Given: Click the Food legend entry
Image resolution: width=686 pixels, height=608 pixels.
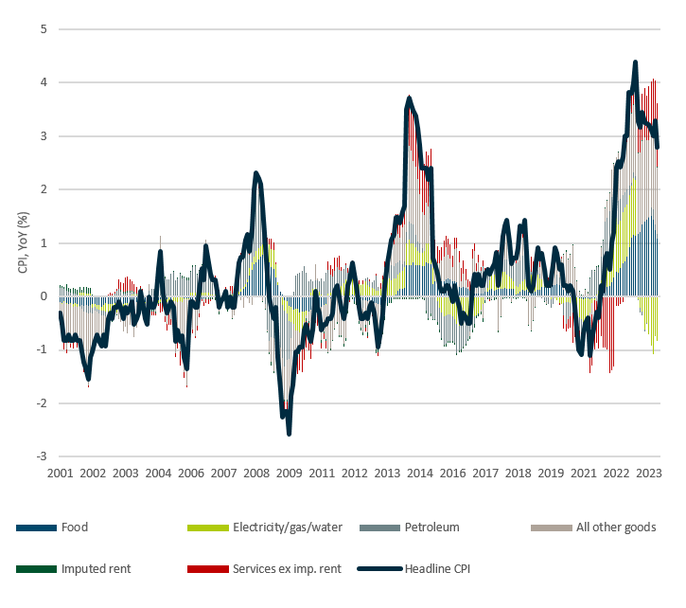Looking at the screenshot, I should click(x=75, y=527).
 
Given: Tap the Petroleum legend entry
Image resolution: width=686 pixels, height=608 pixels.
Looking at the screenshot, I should click(x=431, y=527).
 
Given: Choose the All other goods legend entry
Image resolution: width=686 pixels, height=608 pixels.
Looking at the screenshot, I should click(x=616, y=527).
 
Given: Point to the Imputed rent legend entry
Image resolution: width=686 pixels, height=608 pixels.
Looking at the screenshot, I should click(x=96, y=568).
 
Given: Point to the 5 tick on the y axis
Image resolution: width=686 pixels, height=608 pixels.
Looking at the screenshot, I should click(x=44, y=29).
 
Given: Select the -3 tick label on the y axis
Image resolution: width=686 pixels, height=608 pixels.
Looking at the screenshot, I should click(x=42, y=456).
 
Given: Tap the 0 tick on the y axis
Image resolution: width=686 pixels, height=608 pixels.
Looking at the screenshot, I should click(x=44, y=296).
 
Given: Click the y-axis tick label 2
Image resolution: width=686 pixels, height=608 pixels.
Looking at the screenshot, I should click(x=44, y=189).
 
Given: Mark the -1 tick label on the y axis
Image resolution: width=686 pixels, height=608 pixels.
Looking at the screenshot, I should click(x=42, y=349).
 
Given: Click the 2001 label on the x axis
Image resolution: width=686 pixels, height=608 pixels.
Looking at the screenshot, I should click(x=60, y=473).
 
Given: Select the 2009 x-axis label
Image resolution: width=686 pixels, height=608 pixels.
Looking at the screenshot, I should click(x=290, y=473).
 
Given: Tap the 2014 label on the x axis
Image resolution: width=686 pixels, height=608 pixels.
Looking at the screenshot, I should click(x=420, y=473).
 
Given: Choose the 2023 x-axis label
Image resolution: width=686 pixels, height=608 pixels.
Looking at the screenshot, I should click(x=649, y=473).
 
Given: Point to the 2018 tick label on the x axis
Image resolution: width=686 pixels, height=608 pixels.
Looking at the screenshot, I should click(x=519, y=473).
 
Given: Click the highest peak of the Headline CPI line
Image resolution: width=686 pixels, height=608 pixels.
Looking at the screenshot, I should click(x=635, y=63).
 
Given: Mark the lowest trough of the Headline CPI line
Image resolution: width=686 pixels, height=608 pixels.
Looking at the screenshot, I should click(x=289, y=434).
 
